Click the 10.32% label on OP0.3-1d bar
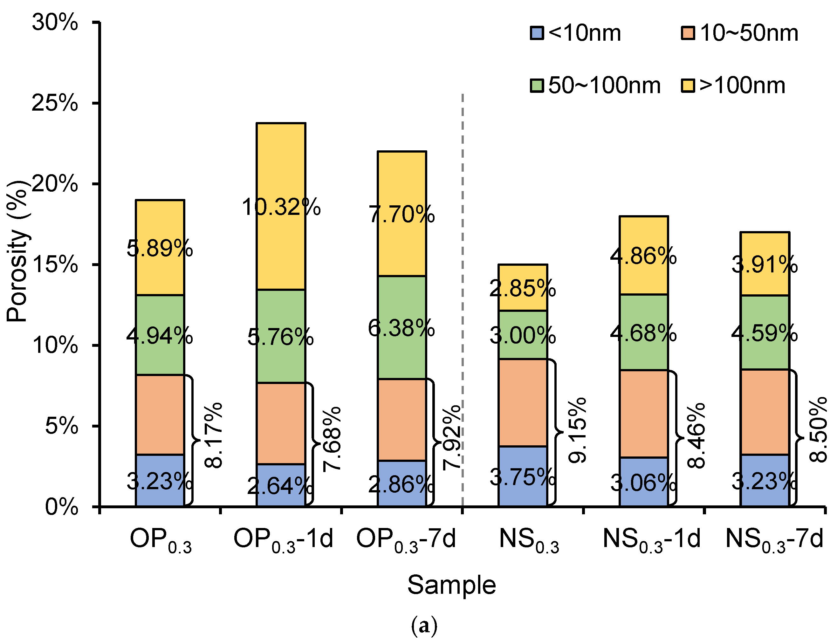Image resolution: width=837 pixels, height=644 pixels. pos(281,207)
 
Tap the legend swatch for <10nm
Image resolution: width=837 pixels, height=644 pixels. pos(537,33)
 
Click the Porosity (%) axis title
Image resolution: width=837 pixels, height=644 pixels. pos(17,251)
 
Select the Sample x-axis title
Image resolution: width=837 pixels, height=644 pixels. pos(451,585)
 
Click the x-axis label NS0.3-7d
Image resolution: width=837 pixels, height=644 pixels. pos(774,539)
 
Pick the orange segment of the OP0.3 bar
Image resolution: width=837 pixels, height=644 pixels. pos(160,414)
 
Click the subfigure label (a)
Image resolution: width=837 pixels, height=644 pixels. pos(424,626)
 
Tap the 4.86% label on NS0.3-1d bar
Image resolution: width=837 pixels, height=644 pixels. pos(643,256)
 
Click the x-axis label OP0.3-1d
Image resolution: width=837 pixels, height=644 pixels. pos(283,539)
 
